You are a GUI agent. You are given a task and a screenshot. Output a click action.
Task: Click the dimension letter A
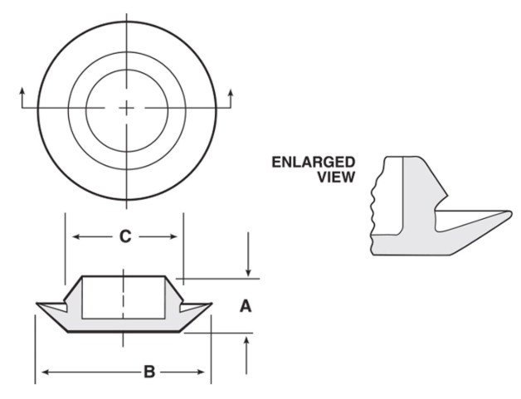pyautogui.click(x=246, y=306)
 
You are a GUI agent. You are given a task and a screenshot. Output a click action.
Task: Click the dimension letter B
pyautogui.click(x=149, y=372)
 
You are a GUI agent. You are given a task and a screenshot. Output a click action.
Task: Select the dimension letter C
pyautogui.click(x=125, y=236)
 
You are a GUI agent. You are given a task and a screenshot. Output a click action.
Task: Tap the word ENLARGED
pyautogui.click(x=314, y=162)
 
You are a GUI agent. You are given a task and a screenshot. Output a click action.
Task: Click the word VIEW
pyautogui.click(x=336, y=177)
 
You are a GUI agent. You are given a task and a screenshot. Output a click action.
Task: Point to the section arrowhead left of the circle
pyautogui.click(x=22, y=91)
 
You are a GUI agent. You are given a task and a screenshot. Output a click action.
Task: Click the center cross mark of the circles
pyautogui.click(x=126, y=108)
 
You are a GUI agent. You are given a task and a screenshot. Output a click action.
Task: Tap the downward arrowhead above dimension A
pyautogui.click(x=248, y=272)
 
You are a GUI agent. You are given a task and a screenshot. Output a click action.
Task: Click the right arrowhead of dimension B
pyautogui.click(x=201, y=372)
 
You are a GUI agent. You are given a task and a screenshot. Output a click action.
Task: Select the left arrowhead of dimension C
pyautogui.click(x=76, y=237)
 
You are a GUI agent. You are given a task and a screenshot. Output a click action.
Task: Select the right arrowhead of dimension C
pyautogui.click(x=173, y=237)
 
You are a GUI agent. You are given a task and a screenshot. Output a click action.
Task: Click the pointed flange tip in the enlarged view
pyautogui.click(x=510, y=212)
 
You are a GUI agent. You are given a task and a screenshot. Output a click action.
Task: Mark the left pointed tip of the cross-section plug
pyautogui.click(x=37, y=304)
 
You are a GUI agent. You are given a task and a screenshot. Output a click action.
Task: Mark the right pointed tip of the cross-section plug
pyautogui.click(x=211, y=304)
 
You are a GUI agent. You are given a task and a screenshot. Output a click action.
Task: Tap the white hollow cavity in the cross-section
pyautogui.click(x=124, y=297)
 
